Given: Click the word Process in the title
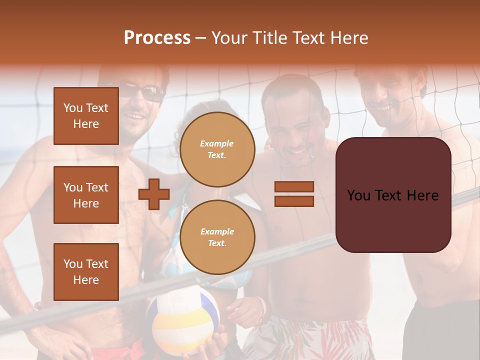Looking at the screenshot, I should click(x=157, y=38).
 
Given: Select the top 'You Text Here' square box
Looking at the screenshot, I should click(x=86, y=116).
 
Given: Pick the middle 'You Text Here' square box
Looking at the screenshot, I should click(x=86, y=195).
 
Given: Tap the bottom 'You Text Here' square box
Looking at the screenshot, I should click(x=86, y=272).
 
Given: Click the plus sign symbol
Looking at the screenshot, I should click(x=154, y=194).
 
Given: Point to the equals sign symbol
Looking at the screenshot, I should click(x=294, y=194).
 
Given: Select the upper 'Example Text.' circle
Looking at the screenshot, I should click(x=217, y=149).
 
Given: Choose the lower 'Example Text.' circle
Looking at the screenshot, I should click(x=217, y=237).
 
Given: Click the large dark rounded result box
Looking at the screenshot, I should click(x=393, y=195).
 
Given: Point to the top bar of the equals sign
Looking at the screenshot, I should click(x=294, y=186).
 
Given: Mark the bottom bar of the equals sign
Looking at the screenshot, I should click(x=294, y=201).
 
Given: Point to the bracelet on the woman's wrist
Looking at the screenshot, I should click(x=259, y=305).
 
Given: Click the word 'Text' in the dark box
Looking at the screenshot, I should click(x=392, y=195).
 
